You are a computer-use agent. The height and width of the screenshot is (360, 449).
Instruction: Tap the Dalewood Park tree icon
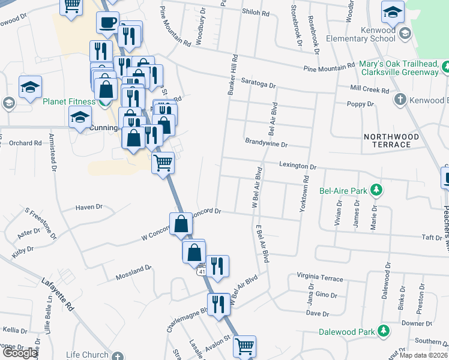(x=382, y=331)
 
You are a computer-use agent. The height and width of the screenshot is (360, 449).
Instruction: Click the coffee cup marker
(x=107, y=23)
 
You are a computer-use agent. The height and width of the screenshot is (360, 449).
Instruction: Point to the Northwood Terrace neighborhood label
(x=387, y=140)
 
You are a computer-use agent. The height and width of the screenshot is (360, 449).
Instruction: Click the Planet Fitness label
(x=69, y=101)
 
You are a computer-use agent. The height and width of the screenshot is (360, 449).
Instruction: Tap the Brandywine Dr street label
(x=267, y=144)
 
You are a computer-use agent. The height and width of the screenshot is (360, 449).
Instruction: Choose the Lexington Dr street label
(x=297, y=165)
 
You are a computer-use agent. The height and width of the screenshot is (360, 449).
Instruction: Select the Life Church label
(x=88, y=355)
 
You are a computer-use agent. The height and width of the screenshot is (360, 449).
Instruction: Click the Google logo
(x=19, y=353)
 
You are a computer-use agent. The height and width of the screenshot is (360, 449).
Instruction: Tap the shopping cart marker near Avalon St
(x=244, y=346)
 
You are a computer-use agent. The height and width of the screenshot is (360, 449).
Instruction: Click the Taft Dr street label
(x=432, y=238)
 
